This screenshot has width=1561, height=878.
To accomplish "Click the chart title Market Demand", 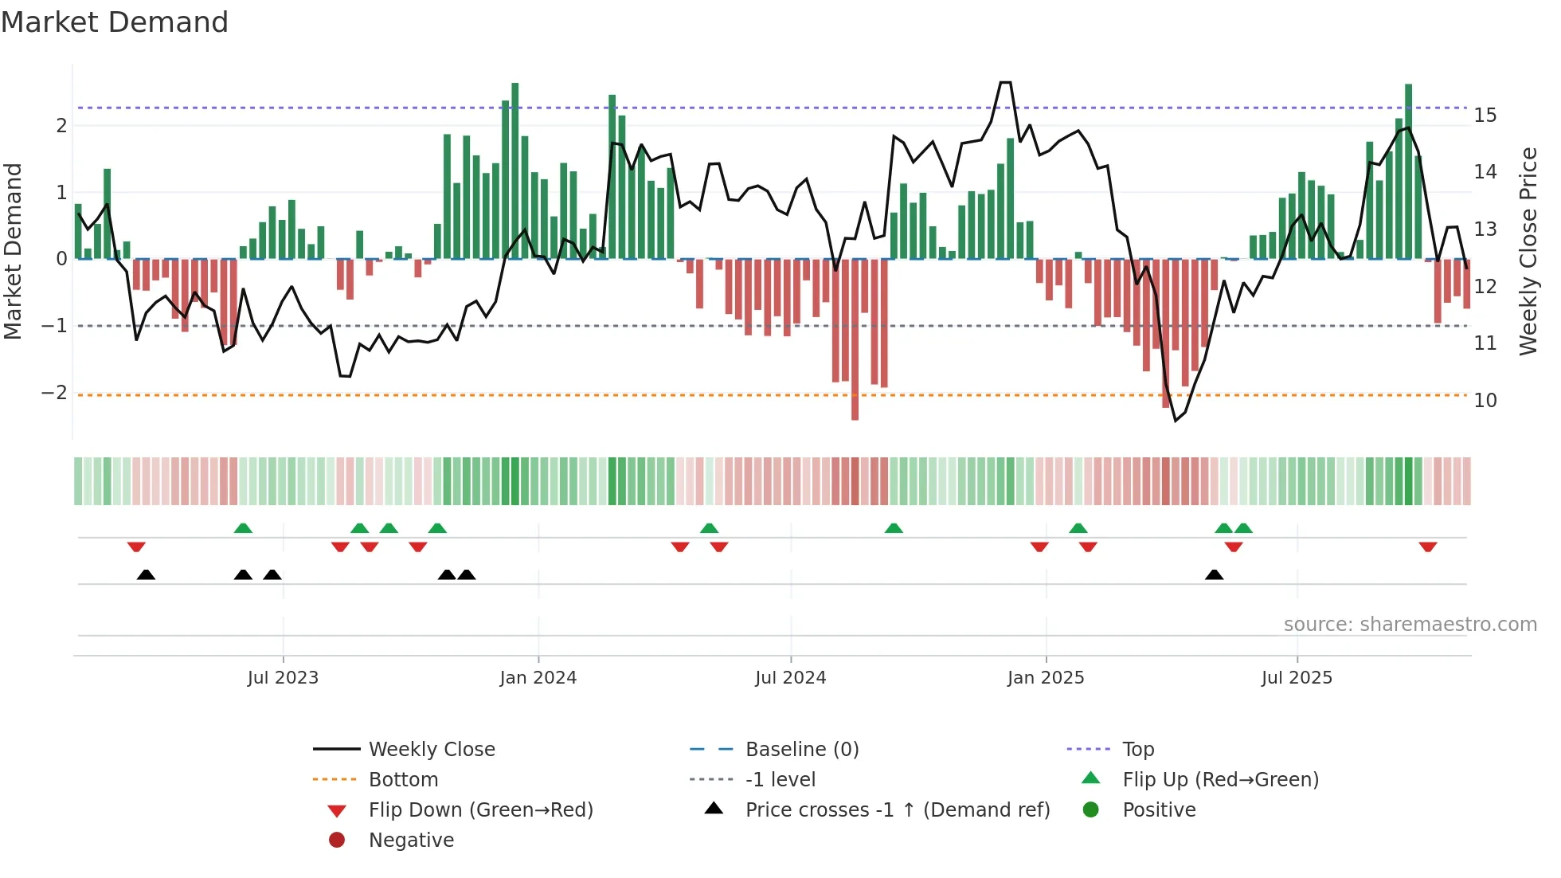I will pyautogui.click(x=115, y=22).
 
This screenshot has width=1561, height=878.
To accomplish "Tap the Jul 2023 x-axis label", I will pyautogui.click(x=283, y=678).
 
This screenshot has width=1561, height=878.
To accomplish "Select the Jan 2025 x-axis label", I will pyautogui.click(x=1045, y=678).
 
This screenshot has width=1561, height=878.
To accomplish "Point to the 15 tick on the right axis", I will pyautogui.click(x=1485, y=116).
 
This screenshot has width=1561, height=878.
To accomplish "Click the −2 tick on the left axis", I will pyautogui.click(x=54, y=393).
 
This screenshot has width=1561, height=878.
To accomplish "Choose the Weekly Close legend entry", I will pyautogui.click(x=431, y=750).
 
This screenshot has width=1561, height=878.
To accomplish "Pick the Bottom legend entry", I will pyautogui.click(x=403, y=780).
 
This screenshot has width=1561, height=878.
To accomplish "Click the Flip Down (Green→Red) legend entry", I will pyautogui.click(x=480, y=810).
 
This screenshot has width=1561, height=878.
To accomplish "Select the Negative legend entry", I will pyautogui.click(x=411, y=841).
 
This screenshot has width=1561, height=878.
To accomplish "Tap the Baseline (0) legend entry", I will pyautogui.click(x=801, y=750).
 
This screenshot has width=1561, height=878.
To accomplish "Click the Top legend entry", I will pyautogui.click(x=1137, y=750).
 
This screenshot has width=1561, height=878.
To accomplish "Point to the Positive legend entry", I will pyautogui.click(x=1158, y=810).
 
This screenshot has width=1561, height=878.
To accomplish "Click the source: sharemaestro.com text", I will pyautogui.click(x=1410, y=625).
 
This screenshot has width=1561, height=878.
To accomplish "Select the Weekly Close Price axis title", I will pyautogui.click(x=1528, y=251).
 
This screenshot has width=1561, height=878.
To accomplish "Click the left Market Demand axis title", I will pyautogui.click(x=13, y=251).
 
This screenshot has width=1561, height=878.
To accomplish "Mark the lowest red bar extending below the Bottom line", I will pyautogui.click(x=855, y=410).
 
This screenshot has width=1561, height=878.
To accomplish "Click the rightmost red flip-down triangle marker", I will pyautogui.click(x=1427, y=547).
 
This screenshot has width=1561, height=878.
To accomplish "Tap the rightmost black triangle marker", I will pyautogui.click(x=1214, y=574).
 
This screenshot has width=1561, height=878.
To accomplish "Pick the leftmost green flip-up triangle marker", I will pyautogui.click(x=243, y=528).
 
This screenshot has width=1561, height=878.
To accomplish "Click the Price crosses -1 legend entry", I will pyautogui.click(x=897, y=810).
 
